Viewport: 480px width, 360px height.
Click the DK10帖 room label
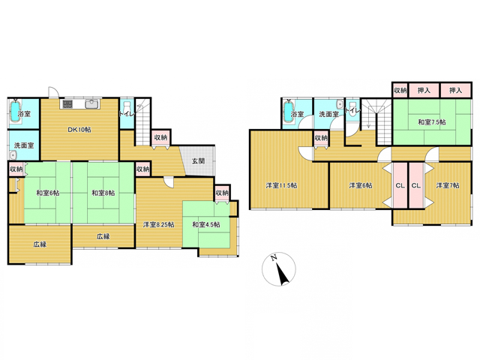(79, 130)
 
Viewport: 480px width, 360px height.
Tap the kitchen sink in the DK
(93, 104)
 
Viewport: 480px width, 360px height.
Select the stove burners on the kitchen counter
(67, 104)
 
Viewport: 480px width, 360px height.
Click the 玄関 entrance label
(198, 160)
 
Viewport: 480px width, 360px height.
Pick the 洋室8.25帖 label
(159, 225)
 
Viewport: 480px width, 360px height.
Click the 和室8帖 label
(103, 193)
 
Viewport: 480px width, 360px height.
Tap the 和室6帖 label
(48, 193)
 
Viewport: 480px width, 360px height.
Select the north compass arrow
(283, 273)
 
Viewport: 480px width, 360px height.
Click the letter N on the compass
(274, 257)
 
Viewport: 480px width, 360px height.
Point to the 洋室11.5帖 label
(281, 185)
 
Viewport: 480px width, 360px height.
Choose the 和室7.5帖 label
(432, 122)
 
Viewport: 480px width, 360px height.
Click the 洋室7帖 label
(448, 185)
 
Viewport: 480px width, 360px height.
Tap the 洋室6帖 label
(361, 185)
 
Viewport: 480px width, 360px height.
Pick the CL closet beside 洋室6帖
(400, 185)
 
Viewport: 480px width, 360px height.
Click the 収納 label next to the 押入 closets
(400, 90)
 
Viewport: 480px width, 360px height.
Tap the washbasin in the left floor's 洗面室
(12, 155)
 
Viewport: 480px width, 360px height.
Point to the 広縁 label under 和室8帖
(103, 236)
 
